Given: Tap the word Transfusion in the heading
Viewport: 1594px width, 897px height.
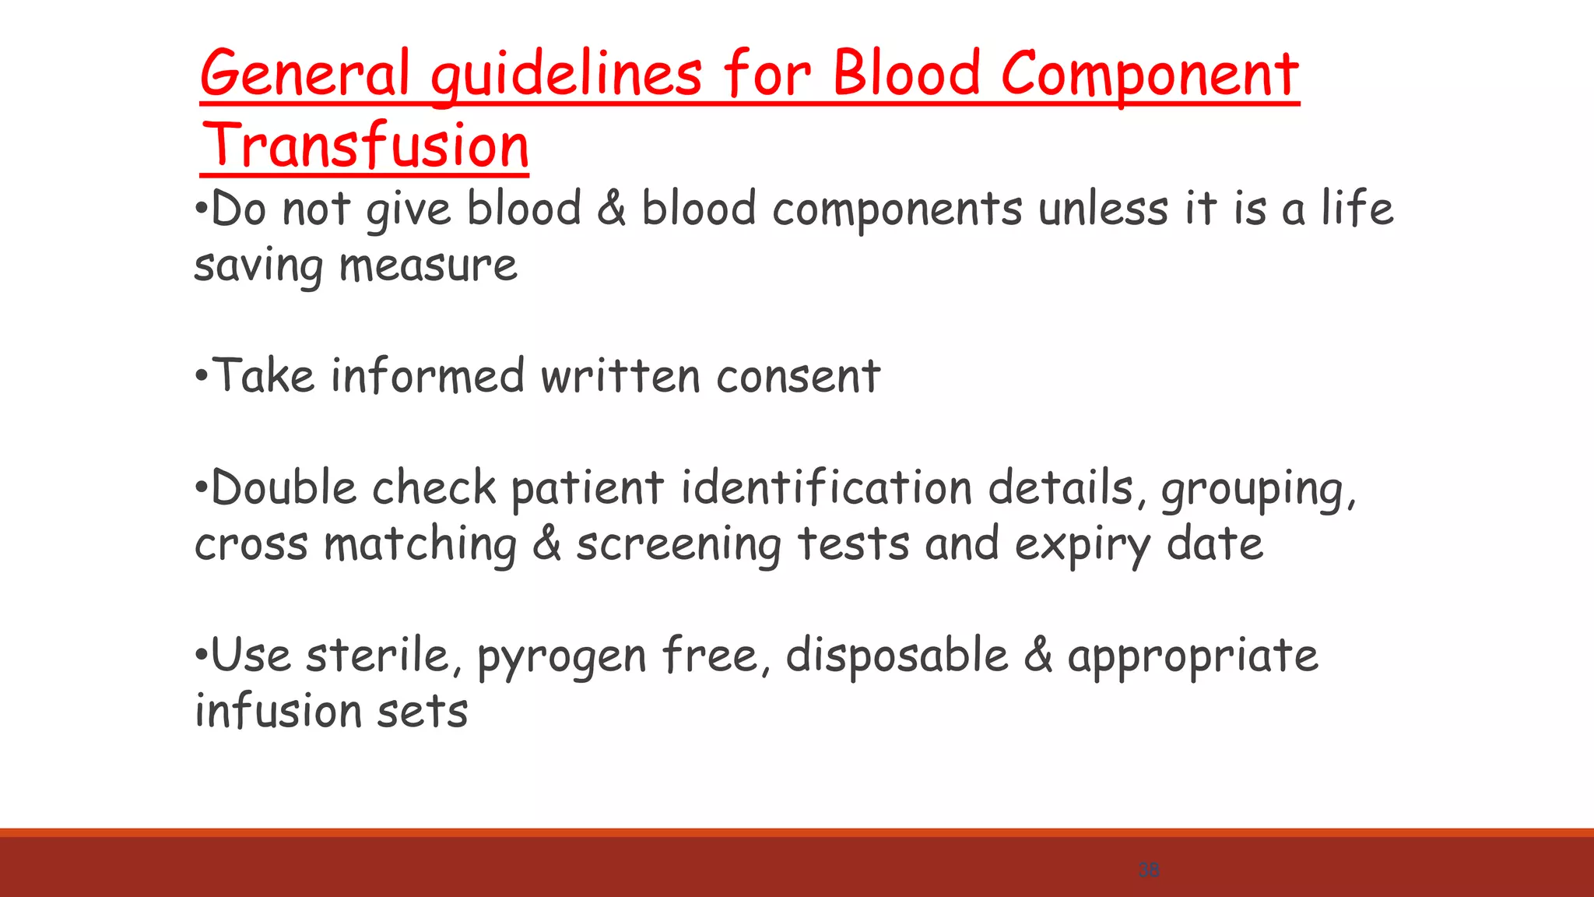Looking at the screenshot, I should [x=365, y=146].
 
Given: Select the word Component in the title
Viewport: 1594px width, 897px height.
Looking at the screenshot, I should [x=1150, y=74].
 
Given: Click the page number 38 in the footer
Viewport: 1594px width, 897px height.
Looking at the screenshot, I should [x=1149, y=870].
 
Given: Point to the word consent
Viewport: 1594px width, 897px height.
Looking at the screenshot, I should [x=798, y=376].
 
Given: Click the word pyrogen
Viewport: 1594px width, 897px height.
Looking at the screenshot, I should [x=561, y=656].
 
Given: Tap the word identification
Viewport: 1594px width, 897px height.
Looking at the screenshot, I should [x=827, y=488].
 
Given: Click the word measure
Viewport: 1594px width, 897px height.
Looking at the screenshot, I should [x=428, y=266].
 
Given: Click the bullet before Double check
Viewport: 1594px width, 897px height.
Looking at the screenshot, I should [x=202, y=490].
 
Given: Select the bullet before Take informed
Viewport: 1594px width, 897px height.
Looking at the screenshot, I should [x=202, y=378].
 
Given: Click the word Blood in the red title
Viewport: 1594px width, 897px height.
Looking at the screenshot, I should [x=907, y=74].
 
